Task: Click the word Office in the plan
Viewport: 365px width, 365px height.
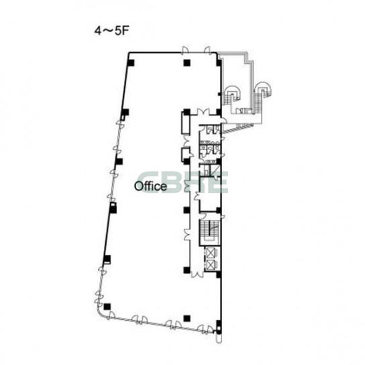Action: tap(150, 187)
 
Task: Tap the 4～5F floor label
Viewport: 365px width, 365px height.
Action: tap(111, 31)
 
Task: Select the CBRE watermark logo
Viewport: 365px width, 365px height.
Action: tap(183, 182)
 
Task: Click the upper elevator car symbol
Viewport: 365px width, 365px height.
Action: tap(211, 253)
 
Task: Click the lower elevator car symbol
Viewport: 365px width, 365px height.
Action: tap(211, 264)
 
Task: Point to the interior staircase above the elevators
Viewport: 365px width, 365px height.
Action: tap(209, 232)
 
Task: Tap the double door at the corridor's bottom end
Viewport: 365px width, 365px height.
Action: tap(197, 274)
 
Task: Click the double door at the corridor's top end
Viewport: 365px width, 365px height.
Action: tap(204, 111)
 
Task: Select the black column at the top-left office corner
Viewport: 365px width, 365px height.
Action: tap(131, 62)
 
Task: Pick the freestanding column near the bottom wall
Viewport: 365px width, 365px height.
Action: tap(187, 318)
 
